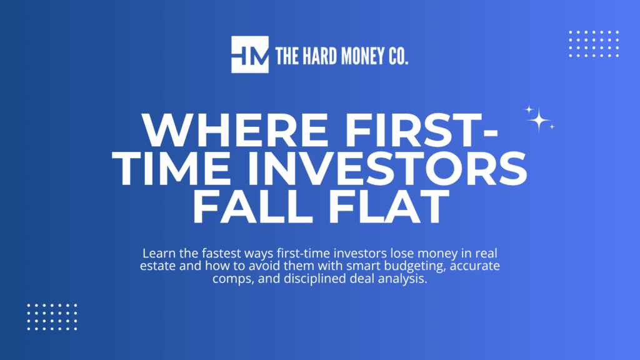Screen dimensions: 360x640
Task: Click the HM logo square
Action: tap(250, 54)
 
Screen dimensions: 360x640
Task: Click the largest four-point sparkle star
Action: tap(538, 119)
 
